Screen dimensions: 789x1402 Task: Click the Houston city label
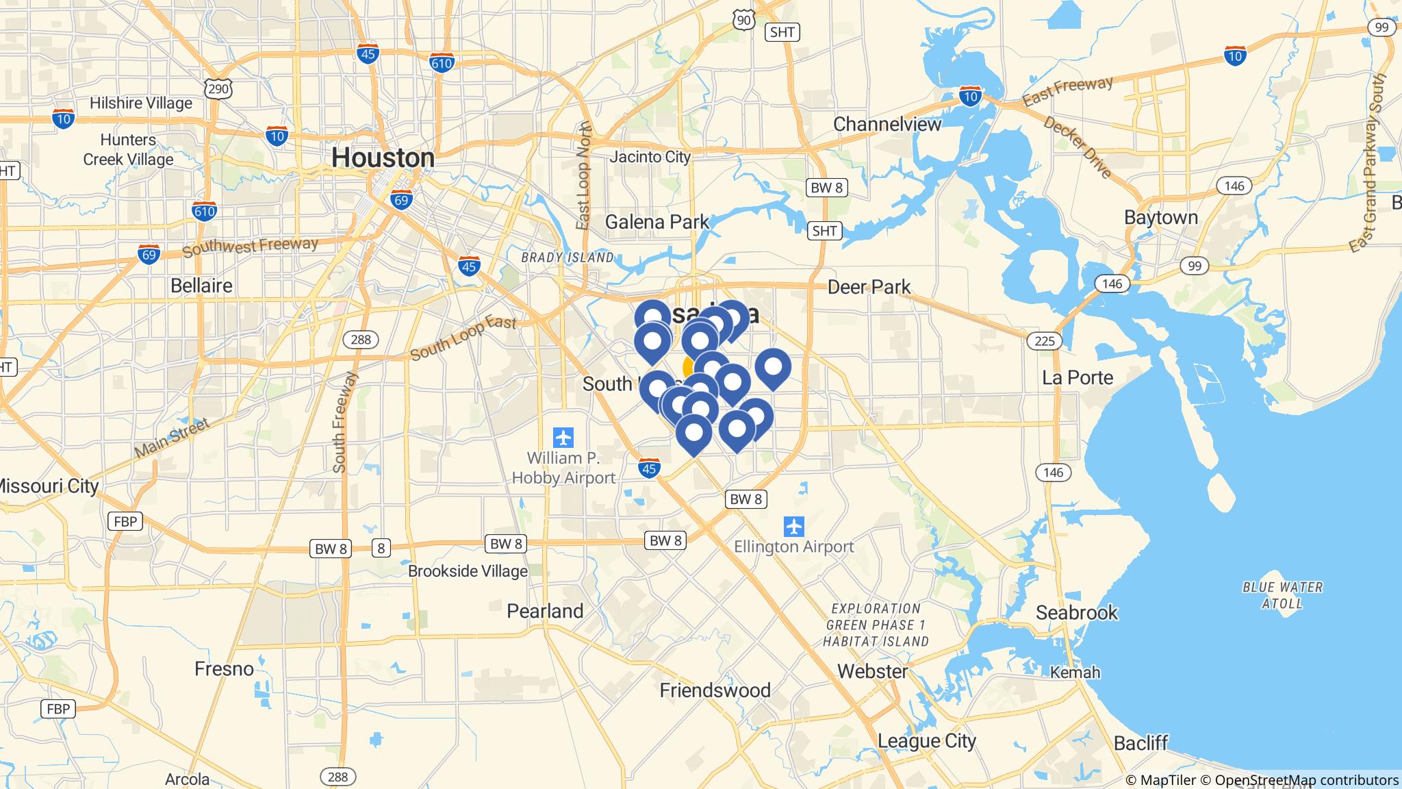click(x=383, y=158)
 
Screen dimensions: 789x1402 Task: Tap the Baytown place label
click(x=1161, y=218)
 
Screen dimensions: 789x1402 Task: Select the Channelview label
click(x=887, y=124)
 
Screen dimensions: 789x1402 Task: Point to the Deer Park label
click(x=869, y=286)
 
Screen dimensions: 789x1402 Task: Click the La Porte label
click(x=1078, y=377)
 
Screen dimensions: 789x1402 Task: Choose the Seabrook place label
click(x=1076, y=612)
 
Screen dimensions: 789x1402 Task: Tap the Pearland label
click(x=545, y=611)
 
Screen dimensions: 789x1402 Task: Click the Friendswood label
click(x=715, y=690)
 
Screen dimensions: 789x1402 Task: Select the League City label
click(x=927, y=740)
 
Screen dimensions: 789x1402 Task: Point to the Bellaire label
click(x=201, y=285)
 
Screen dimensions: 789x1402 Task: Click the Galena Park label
click(x=657, y=222)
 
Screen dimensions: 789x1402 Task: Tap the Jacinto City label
click(x=650, y=157)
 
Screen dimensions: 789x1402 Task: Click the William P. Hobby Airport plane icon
click(x=563, y=437)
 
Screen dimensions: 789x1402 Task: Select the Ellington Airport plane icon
click(x=794, y=527)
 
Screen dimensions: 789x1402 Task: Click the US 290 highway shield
click(x=218, y=88)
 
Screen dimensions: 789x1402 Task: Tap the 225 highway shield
click(x=1045, y=340)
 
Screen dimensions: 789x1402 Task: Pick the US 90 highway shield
click(x=744, y=20)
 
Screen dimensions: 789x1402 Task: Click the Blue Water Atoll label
click(x=1282, y=595)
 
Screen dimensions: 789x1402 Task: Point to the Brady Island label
click(x=568, y=258)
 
